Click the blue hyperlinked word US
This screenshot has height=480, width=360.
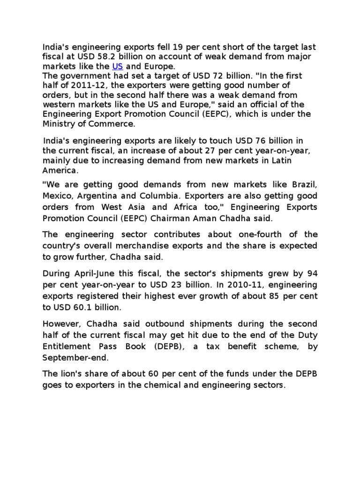(x=117, y=66)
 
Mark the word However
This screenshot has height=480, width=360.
(x=59, y=324)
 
